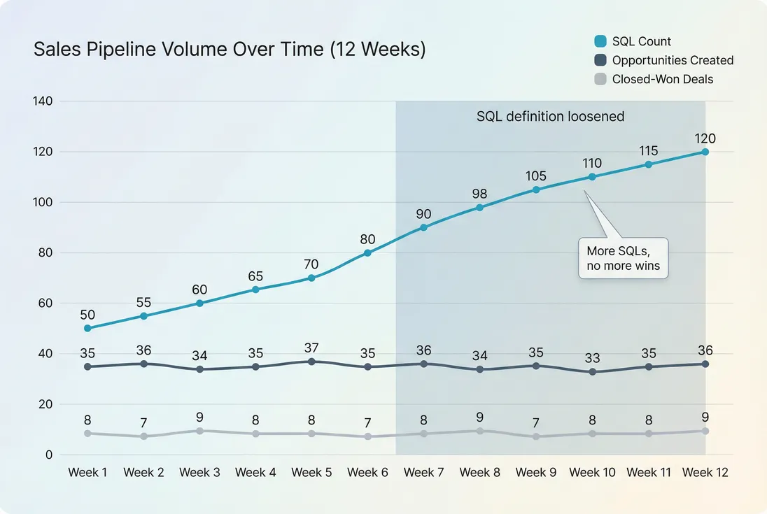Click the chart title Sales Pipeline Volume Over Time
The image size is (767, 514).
pyautogui.click(x=230, y=50)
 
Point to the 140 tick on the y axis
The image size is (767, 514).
pyautogui.click(x=43, y=101)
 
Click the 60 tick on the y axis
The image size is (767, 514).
pyautogui.click(x=46, y=303)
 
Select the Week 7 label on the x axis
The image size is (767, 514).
pyautogui.click(x=424, y=473)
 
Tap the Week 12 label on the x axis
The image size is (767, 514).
pyautogui.click(x=705, y=473)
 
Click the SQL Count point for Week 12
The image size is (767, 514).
pyautogui.click(x=705, y=152)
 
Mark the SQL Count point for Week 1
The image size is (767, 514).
pyautogui.click(x=87, y=328)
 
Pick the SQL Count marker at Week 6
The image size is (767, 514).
pyautogui.click(x=367, y=252)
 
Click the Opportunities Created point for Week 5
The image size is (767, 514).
pyautogui.click(x=311, y=362)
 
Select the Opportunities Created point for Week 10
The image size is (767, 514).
pyautogui.click(x=592, y=371)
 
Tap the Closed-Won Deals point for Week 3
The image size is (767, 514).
pyautogui.click(x=199, y=431)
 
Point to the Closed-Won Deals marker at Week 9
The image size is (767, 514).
pyautogui.click(x=536, y=436)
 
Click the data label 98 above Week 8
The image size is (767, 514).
pyautogui.click(x=480, y=194)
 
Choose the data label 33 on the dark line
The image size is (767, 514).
pyautogui.click(x=592, y=358)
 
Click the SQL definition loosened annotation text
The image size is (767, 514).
pyautogui.click(x=550, y=116)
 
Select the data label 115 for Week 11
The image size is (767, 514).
pyautogui.click(x=648, y=150)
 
